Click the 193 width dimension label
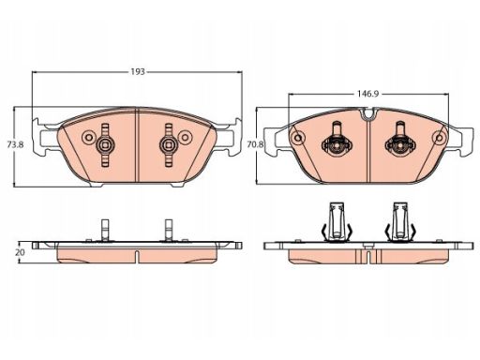click(138, 72)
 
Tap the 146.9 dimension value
click(368, 94)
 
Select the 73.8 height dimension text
click(15, 144)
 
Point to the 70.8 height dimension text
click(255, 144)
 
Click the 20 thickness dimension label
click(20, 252)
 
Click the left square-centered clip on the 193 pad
click(105, 144)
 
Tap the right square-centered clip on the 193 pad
click(169, 144)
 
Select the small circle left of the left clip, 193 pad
click(88, 138)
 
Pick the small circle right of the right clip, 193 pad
click(186, 138)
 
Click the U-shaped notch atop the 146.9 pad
click(368, 114)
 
